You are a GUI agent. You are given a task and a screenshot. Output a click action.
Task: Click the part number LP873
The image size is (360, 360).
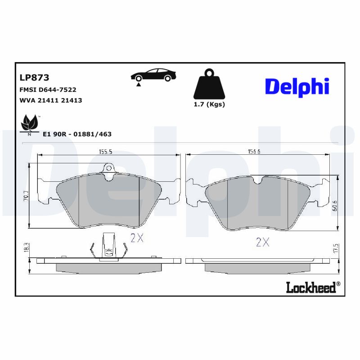coord(34,77)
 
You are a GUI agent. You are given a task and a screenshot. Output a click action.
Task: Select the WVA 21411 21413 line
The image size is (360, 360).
coord(50,100)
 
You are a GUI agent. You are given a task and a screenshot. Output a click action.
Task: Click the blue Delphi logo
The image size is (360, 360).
coord(297,87)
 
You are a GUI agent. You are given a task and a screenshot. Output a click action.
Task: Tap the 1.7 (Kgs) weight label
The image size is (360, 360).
coord(209,104)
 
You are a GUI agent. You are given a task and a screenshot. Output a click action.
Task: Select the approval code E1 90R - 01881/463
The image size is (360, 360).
coord(77,134)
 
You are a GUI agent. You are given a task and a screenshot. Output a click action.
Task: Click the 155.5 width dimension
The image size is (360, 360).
coord(105,152)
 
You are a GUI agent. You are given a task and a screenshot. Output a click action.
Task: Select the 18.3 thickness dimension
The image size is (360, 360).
coord(26,247)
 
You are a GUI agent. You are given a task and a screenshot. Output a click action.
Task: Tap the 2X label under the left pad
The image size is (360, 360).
coord(136,238)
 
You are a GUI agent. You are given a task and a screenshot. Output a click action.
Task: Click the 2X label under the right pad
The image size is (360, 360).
coord(262,243)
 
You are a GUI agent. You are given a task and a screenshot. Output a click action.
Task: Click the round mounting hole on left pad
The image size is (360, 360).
coord(108,168)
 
